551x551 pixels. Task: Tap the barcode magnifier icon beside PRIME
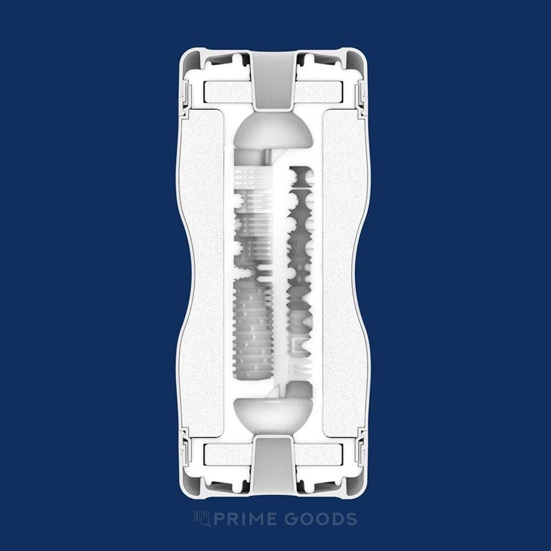202,519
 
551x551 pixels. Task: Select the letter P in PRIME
219,519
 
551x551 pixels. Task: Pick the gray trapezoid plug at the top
273,79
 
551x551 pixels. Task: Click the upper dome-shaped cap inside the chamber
273,130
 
